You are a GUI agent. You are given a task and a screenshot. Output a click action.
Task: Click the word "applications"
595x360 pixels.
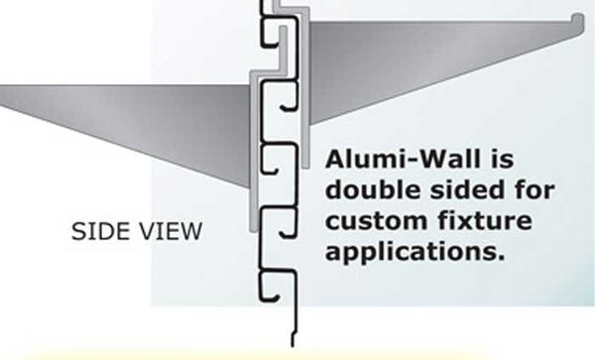coord(409,249)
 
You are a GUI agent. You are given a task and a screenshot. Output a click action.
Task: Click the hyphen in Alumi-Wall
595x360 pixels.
coord(407,161)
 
